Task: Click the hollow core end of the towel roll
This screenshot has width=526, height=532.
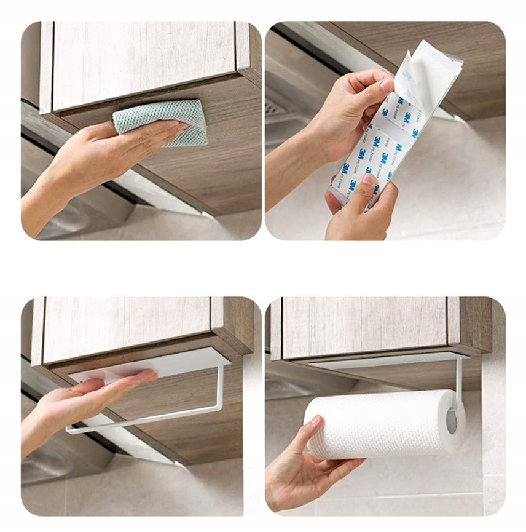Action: coord(452,422)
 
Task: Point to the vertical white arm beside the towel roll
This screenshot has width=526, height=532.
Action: coord(459,381)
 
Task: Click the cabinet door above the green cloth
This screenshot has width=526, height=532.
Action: coord(141,62)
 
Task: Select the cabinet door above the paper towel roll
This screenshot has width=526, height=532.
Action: coord(363,326)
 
